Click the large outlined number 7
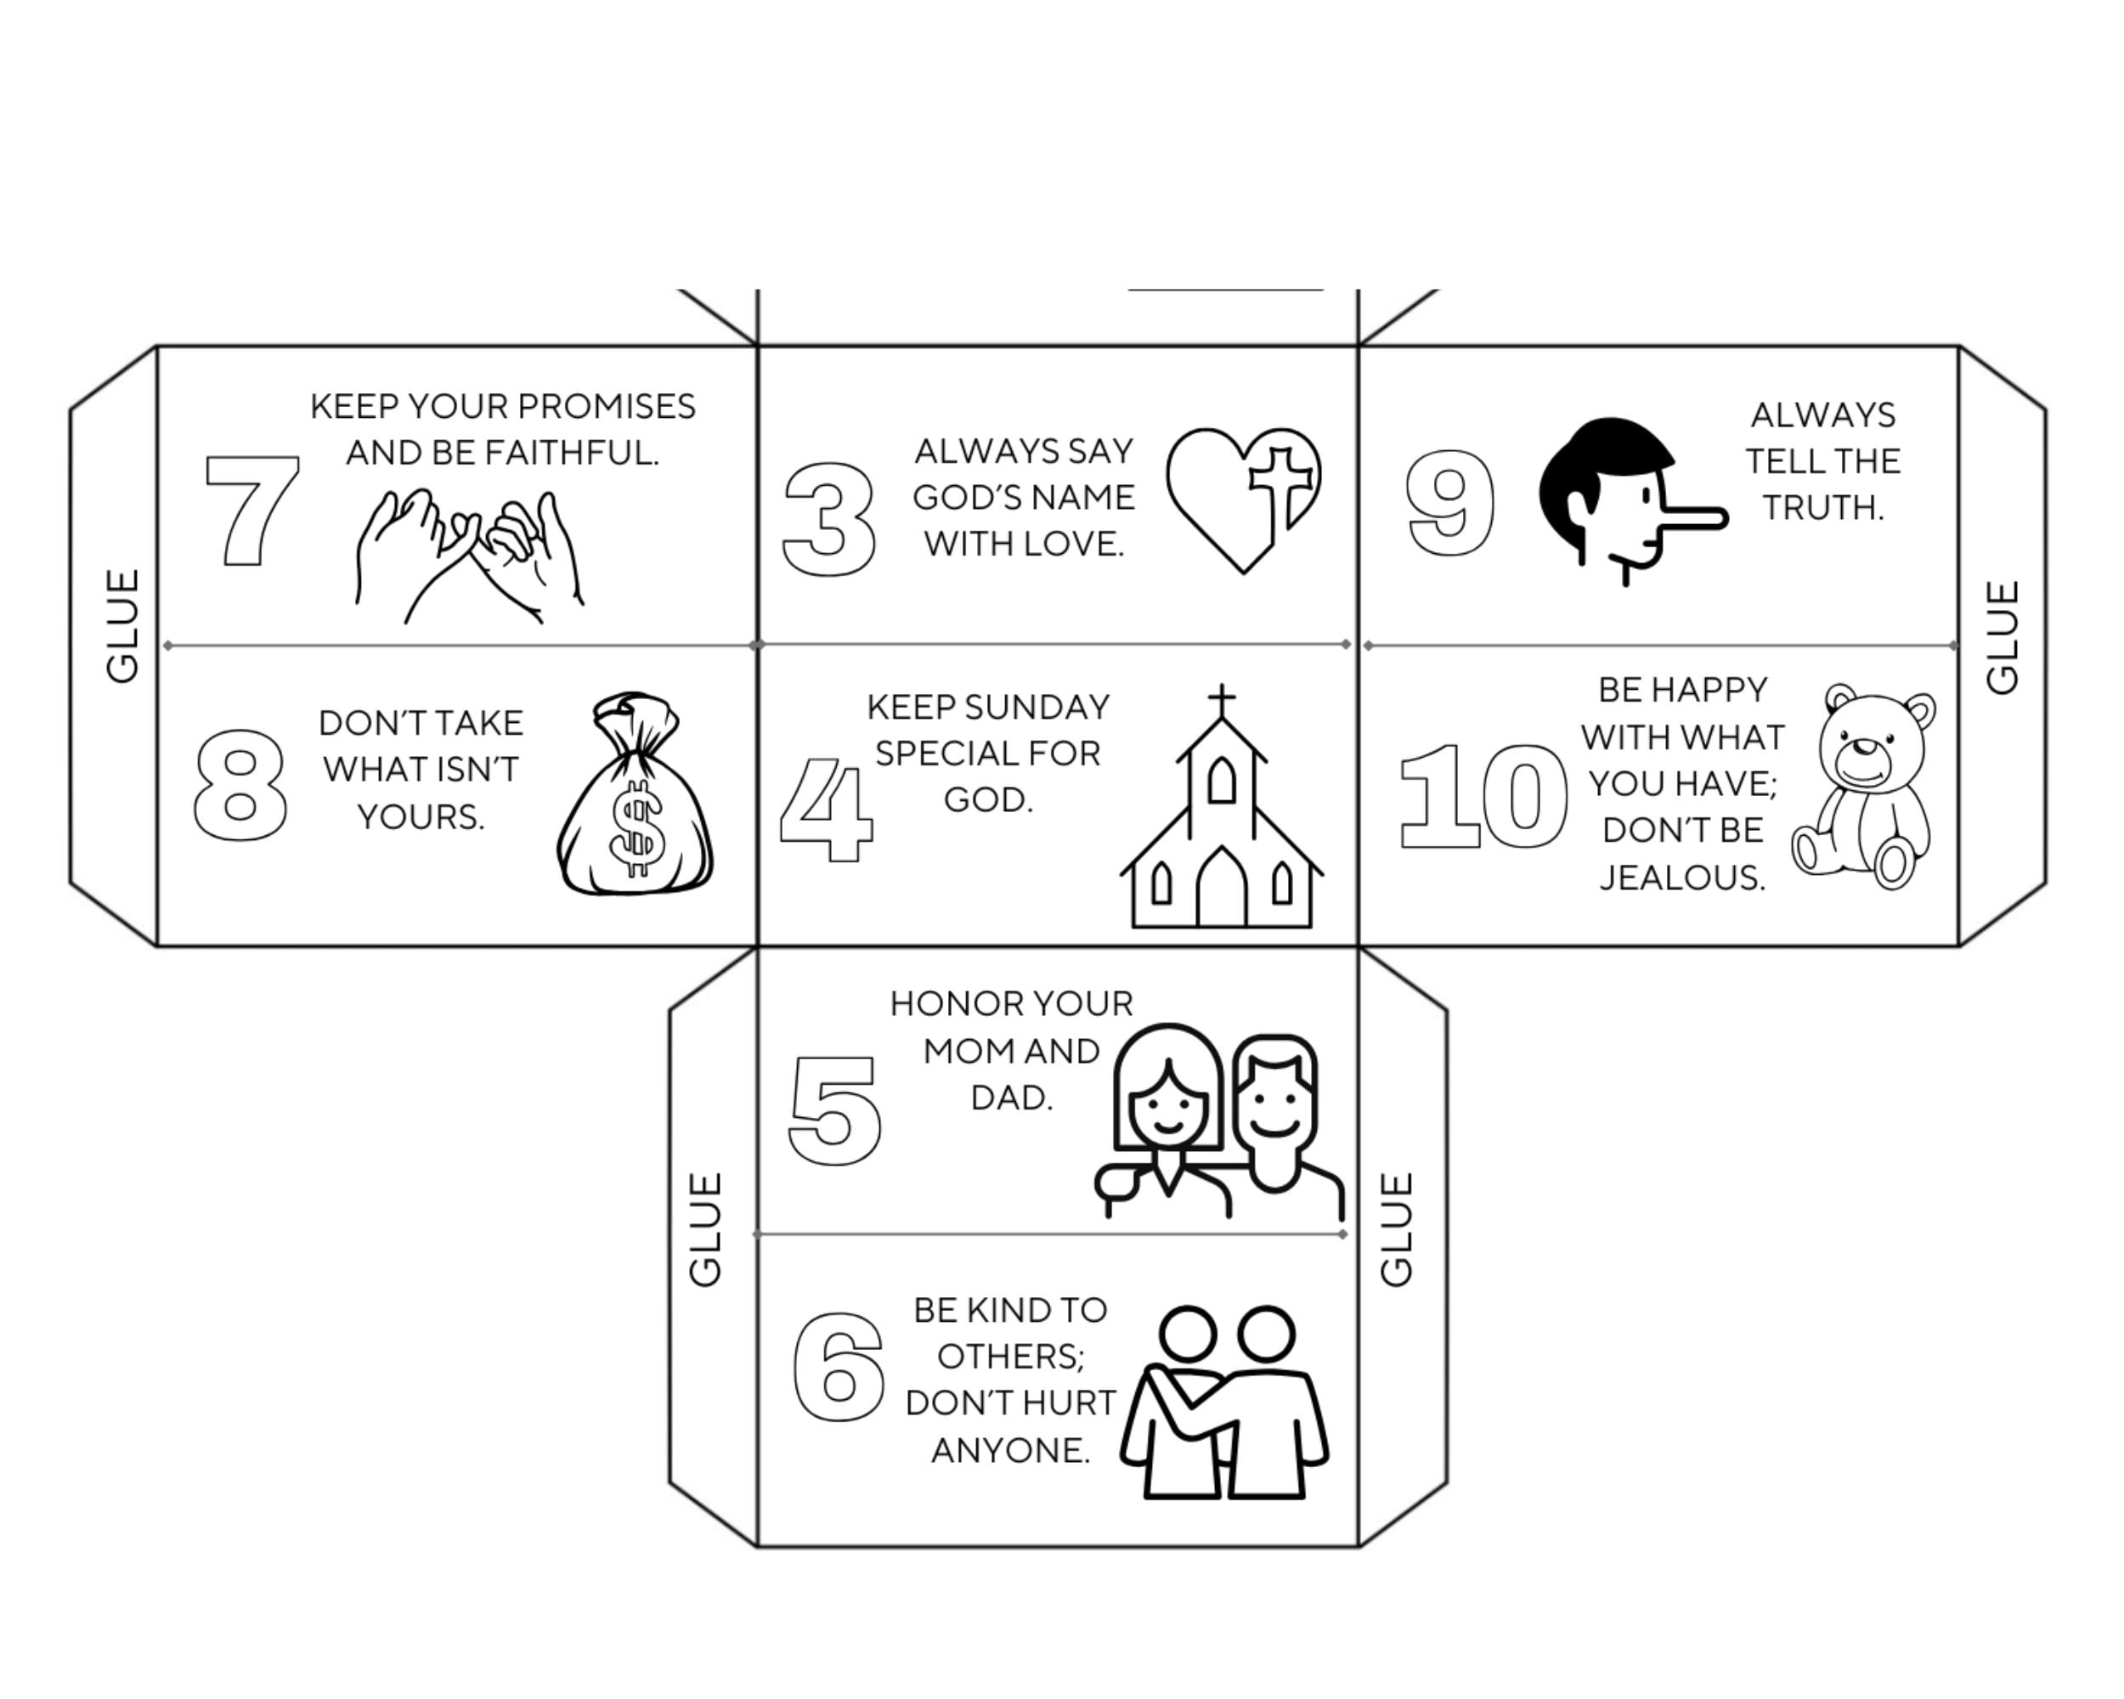(252, 511)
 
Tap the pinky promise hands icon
(469, 556)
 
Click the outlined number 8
(240, 785)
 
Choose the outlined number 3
(828, 519)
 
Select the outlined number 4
(826, 810)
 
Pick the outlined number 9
(1449, 502)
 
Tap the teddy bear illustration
(1863, 786)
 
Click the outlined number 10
(1483, 796)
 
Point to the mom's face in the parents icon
(1167, 1105)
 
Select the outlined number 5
(834, 1110)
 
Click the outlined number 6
(839, 1366)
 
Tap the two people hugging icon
(1224, 1403)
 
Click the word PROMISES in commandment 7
(606, 406)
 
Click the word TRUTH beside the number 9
(1822, 507)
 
